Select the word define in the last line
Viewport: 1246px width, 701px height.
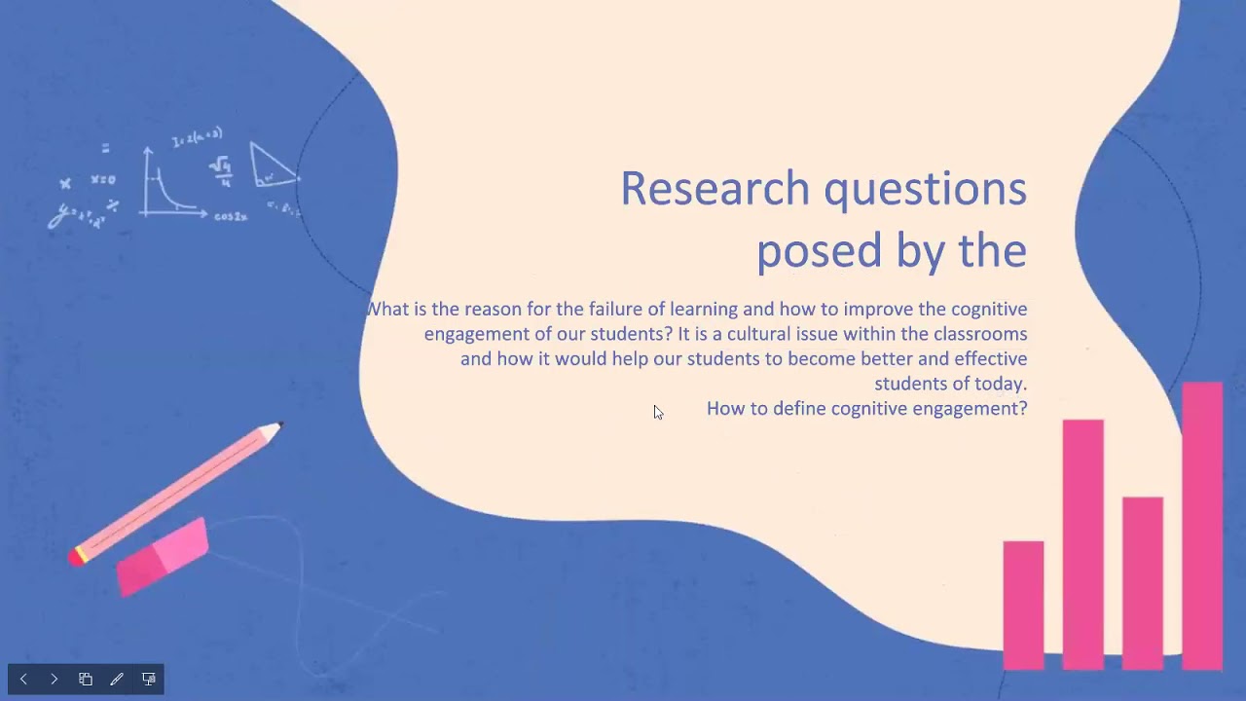pyautogui.click(x=799, y=409)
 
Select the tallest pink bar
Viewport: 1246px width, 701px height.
pyautogui.click(x=1202, y=526)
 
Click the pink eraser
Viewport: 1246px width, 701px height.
pyautogui.click(x=163, y=557)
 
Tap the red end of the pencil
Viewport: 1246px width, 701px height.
pyautogui.click(x=75, y=557)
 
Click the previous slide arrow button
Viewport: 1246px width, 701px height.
pyautogui.click(x=23, y=679)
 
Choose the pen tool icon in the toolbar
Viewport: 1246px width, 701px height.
pyautogui.click(x=117, y=679)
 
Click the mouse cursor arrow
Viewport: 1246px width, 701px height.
pyautogui.click(x=658, y=413)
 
